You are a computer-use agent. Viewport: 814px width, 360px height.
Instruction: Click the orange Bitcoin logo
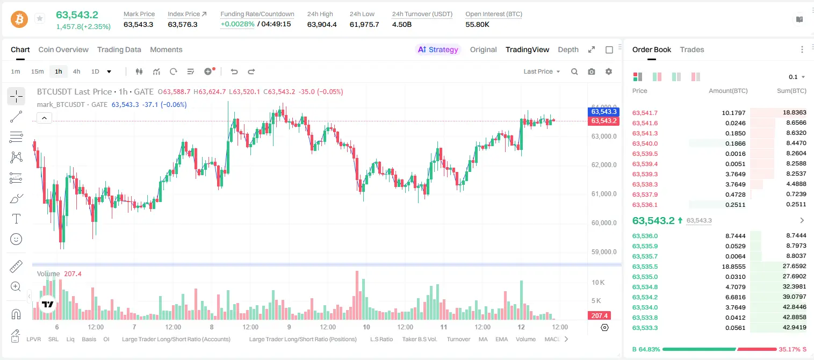pos(19,19)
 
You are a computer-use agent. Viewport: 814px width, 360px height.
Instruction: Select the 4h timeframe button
pos(76,71)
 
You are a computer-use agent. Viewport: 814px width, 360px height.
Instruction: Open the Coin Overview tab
pos(63,49)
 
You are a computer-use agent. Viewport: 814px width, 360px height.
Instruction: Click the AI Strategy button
pos(438,49)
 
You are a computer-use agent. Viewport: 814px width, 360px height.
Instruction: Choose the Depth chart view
pos(568,49)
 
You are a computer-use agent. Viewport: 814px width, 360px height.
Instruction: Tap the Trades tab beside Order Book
pos(692,49)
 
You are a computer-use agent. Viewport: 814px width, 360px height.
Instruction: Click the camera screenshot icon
pos(592,71)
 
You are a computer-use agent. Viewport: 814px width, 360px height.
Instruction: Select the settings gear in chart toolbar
pos(609,71)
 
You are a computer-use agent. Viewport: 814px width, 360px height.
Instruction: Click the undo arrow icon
pos(234,71)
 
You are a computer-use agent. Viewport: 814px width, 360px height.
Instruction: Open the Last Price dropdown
pos(542,71)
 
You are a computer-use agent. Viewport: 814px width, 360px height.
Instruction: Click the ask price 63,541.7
pos(645,113)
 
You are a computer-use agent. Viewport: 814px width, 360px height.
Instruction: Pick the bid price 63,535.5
pos(645,267)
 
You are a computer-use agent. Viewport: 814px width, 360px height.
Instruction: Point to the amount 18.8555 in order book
pos(733,267)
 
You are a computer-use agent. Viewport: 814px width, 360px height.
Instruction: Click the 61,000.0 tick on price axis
pos(604,193)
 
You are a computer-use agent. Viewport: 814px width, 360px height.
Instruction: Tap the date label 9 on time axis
pos(289,327)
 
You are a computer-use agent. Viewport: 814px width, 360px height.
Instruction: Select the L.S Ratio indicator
pos(381,339)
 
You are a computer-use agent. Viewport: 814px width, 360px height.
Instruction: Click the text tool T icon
pos(16,219)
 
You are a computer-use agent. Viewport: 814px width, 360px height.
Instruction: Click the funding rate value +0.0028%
pos(237,24)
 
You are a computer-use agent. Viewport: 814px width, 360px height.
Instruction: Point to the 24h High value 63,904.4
pos(322,24)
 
